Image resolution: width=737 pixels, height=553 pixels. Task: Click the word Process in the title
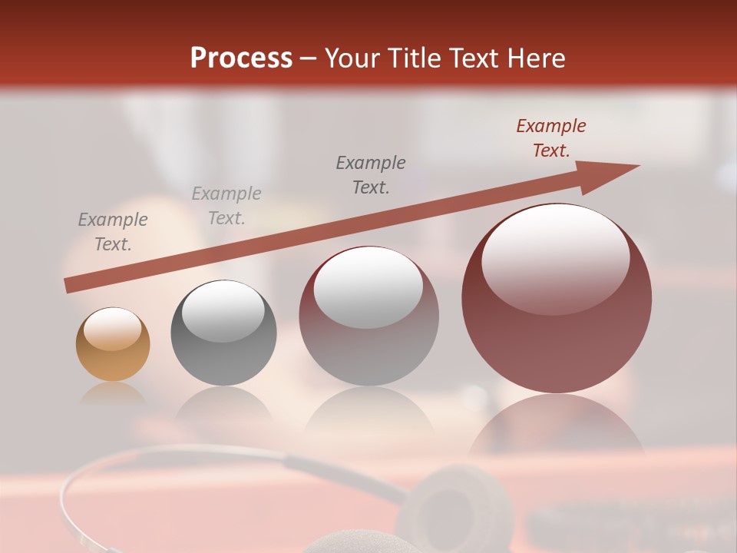click(x=241, y=58)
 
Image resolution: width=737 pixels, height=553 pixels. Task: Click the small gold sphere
click(x=113, y=344)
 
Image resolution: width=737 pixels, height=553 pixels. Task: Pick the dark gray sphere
click(x=223, y=333)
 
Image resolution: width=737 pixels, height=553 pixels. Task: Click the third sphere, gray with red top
click(x=368, y=316)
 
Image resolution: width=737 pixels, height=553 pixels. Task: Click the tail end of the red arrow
click(x=68, y=286)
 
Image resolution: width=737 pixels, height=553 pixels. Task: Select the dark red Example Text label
click(x=550, y=138)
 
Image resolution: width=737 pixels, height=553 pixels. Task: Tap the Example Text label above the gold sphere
click(x=113, y=232)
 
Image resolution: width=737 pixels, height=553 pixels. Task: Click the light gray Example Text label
click(x=226, y=206)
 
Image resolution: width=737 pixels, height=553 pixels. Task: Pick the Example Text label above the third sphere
click(x=371, y=175)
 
